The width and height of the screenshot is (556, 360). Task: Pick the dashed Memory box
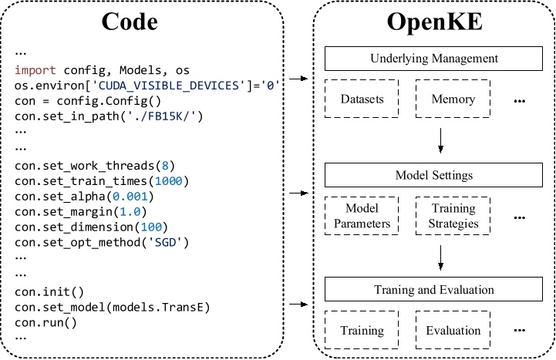pyautogui.click(x=453, y=99)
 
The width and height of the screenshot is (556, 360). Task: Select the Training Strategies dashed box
pyautogui.click(x=453, y=216)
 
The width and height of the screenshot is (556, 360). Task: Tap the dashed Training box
pyautogui.click(x=362, y=331)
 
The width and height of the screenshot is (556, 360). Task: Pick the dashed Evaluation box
pyautogui.click(x=453, y=331)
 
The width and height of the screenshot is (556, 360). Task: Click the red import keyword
pyautogui.click(x=35, y=70)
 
